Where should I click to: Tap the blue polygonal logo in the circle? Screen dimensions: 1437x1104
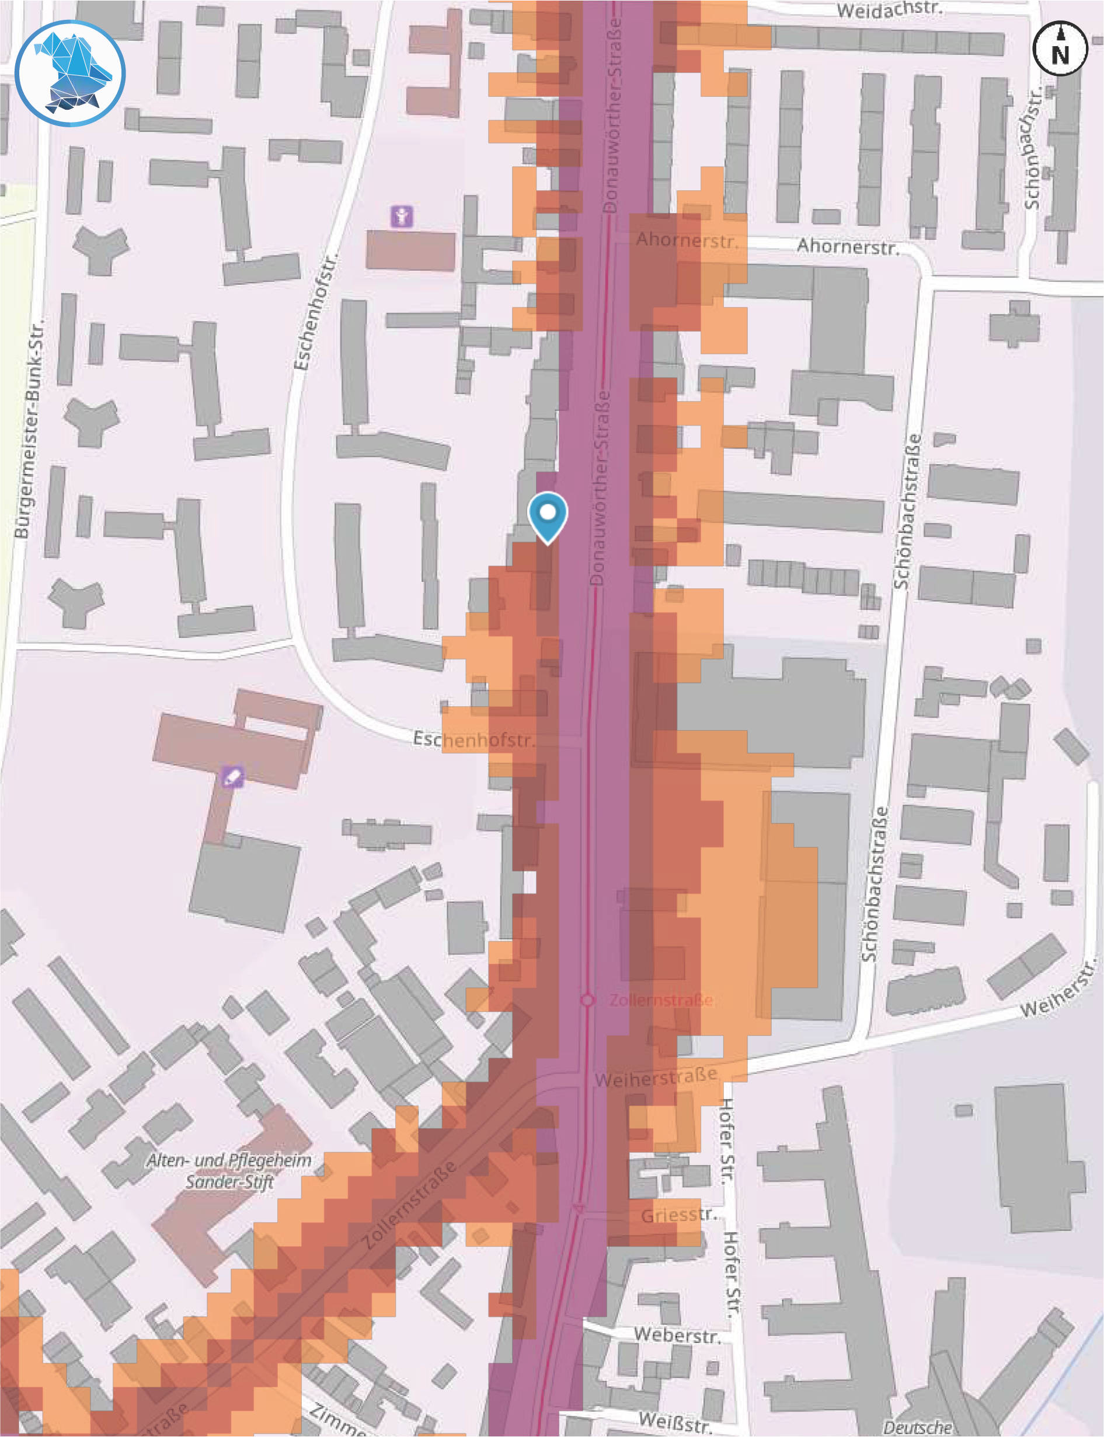click(70, 74)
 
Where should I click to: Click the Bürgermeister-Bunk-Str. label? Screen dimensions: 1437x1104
click(31, 428)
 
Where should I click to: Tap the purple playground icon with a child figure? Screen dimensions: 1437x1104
click(402, 215)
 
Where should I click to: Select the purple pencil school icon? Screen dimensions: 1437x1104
click(232, 777)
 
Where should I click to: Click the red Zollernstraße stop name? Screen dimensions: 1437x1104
click(660, 1000)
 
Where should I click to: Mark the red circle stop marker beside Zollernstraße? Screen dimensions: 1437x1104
click(587, 1000)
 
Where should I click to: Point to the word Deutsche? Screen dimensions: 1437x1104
click(917, 1427)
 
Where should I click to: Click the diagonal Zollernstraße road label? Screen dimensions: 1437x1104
click(409, 1204)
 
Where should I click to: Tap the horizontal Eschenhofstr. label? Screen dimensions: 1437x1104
click(473, 740)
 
